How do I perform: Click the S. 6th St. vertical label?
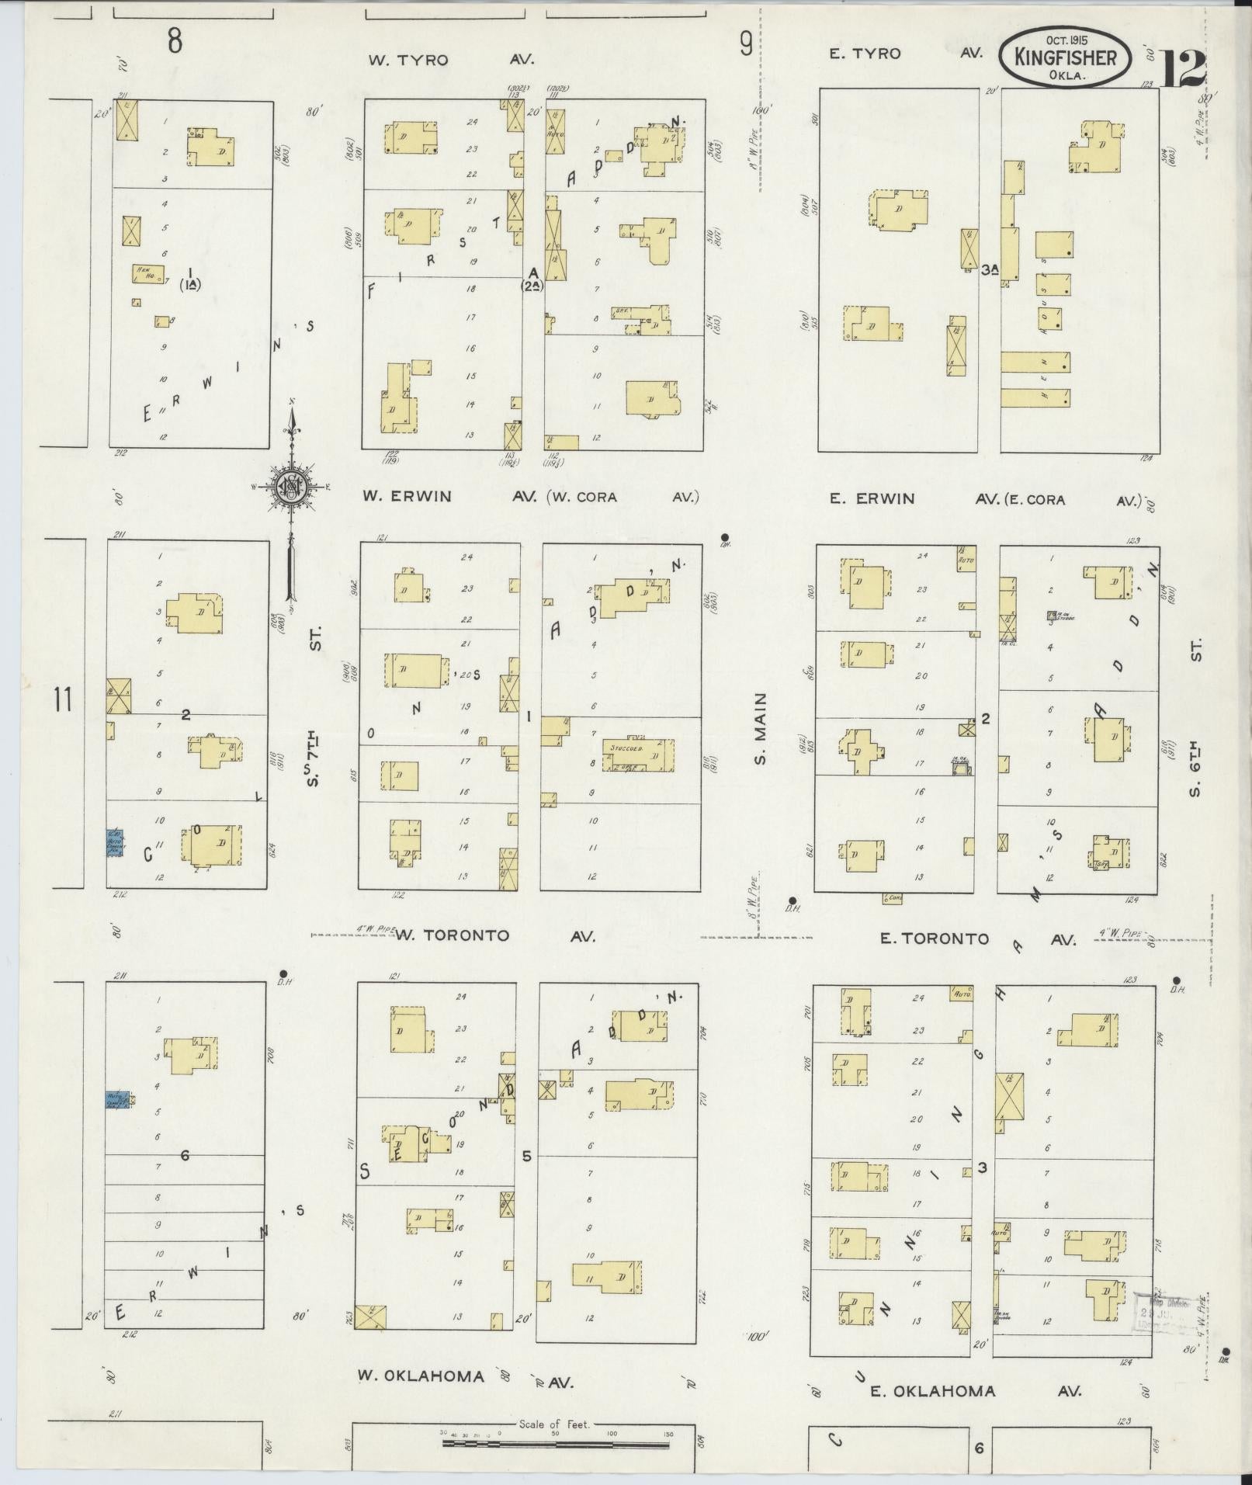[1195, 717]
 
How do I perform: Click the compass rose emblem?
[290, 486]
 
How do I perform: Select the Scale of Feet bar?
[555, 1444]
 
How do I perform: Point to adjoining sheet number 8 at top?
[175, 41]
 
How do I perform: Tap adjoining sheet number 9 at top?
[746, 46]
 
